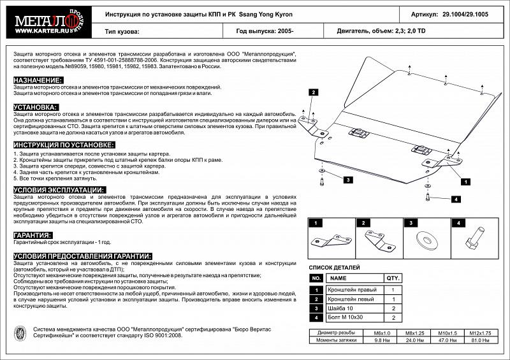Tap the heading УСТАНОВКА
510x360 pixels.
pyautogui.click(x=36, y=107)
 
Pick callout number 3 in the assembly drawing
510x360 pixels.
pyautogui.click(x=349, y=180)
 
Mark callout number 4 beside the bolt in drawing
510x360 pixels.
pyautogui.click(x=456, y=199)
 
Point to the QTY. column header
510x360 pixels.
pyautogui.click(x=393, y=278)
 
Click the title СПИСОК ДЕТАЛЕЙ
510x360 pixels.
pyautogui.click(x=335, y=268)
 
